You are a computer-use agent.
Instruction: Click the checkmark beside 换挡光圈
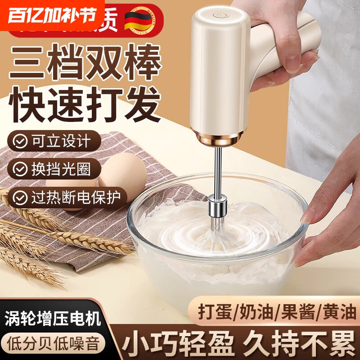click(20, 169)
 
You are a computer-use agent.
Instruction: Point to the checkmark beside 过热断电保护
click(20, 197)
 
